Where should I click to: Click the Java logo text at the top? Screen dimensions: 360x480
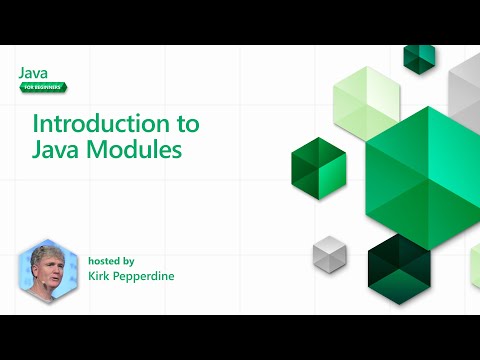pyautogui.click(x=33, y=73)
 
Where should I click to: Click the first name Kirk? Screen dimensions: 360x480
pyautogui.click(x=101, y=275)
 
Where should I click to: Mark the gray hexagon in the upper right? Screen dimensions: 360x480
pyautogui.click(x=466, y=85)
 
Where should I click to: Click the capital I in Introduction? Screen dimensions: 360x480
pyautogui.click(x=37, y=125)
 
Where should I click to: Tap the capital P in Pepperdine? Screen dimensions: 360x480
pyautogui.click(x=122, y=275)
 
